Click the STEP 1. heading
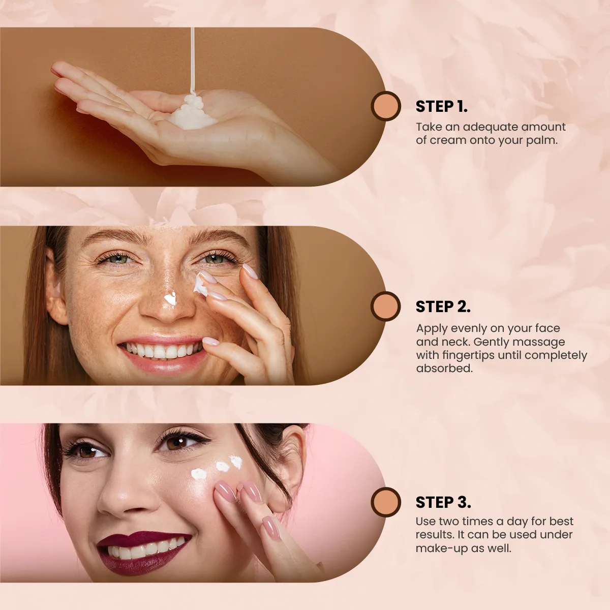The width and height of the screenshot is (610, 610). [441, 106]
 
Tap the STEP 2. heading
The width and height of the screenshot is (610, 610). [443, 307]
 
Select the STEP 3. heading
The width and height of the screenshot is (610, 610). [443, 502]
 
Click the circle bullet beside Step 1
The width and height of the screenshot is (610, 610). [386, 106]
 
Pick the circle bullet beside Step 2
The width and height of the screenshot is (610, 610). [386, 306]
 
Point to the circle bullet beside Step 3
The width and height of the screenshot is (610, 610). [386, 502]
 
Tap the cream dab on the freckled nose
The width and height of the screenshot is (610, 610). [170, 299]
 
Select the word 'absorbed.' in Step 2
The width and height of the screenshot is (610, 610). [444, 369]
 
